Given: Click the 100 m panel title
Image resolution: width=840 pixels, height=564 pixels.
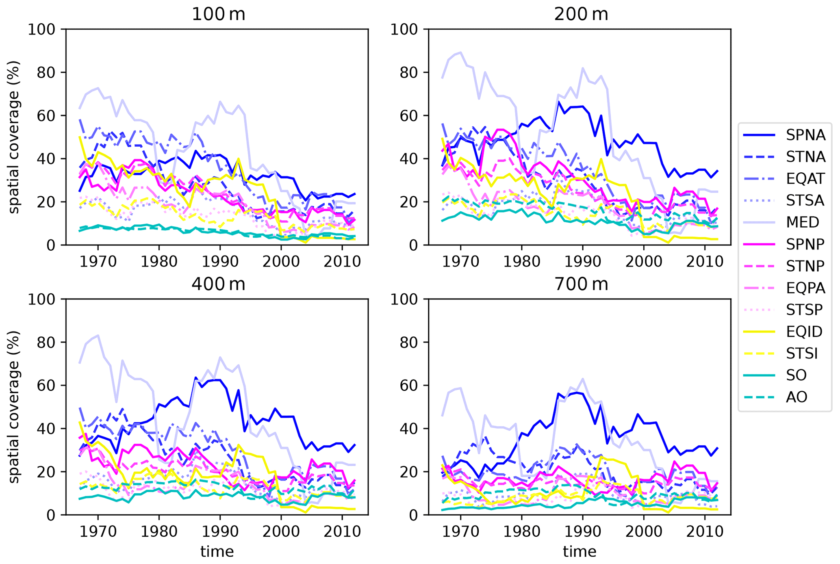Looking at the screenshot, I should [x=218, y=15].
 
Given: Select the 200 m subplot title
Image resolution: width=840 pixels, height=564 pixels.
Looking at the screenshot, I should [x=581, y=15].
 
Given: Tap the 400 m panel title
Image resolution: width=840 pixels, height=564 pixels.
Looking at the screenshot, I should [x=218, y=284].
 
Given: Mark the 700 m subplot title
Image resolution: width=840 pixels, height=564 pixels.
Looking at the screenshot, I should [x=581, y=284].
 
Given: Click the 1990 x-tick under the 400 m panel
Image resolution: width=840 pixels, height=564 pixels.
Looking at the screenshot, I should [x=220, y=531].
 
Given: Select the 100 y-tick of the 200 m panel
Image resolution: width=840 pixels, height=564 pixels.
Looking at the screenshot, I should [x=406, y=29].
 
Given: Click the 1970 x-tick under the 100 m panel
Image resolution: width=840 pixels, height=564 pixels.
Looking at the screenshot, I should [x=98, y=262].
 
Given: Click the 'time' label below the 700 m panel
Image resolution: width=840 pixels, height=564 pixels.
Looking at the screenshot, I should [x=580, y=552].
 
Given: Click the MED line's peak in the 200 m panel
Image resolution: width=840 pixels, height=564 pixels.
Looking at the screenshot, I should [x=460, y=52].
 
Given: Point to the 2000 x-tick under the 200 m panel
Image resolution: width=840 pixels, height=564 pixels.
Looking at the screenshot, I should [x=644, y=262].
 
